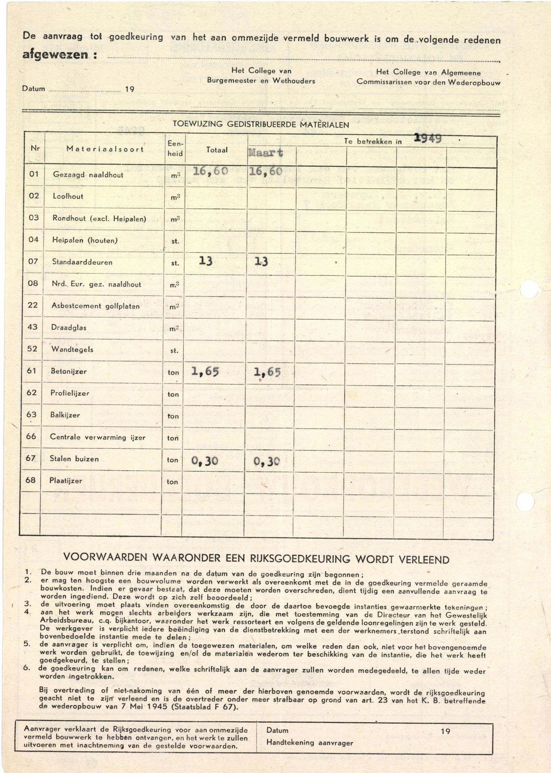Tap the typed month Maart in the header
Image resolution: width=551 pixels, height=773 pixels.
point(265,153)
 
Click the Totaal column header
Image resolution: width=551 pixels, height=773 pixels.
point(217,150)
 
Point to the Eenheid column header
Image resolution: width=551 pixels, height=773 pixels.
point(175,149)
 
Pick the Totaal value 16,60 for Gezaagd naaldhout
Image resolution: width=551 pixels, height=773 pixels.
point(210,171)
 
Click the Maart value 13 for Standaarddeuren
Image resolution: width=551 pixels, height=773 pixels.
point(261,261)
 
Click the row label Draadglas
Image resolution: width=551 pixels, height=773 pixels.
point(69,328)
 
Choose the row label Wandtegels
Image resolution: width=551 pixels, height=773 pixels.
point(72,349)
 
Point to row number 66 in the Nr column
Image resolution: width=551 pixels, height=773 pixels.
point(31,436)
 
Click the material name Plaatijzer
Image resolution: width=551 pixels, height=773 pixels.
point(66,481)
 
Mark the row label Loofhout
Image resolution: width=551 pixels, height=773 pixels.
point(68,196)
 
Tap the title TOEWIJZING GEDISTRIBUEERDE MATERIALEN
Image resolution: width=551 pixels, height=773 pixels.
point(261,124)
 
